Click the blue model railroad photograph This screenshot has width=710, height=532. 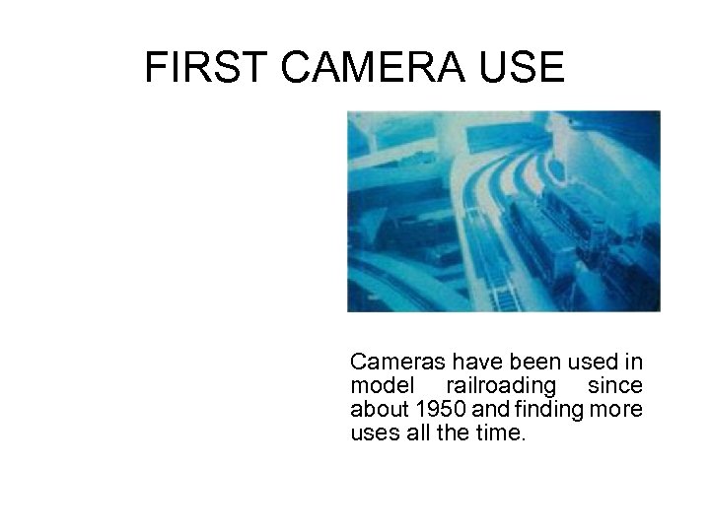point(503,211)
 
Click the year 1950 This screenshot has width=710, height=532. point(435,408)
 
